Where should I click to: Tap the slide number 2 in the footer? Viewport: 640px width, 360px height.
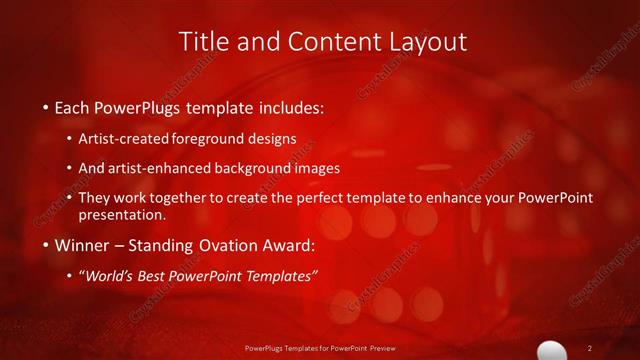[x=589, y=347]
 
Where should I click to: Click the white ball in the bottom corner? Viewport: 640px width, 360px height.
[x=552, y=350]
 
